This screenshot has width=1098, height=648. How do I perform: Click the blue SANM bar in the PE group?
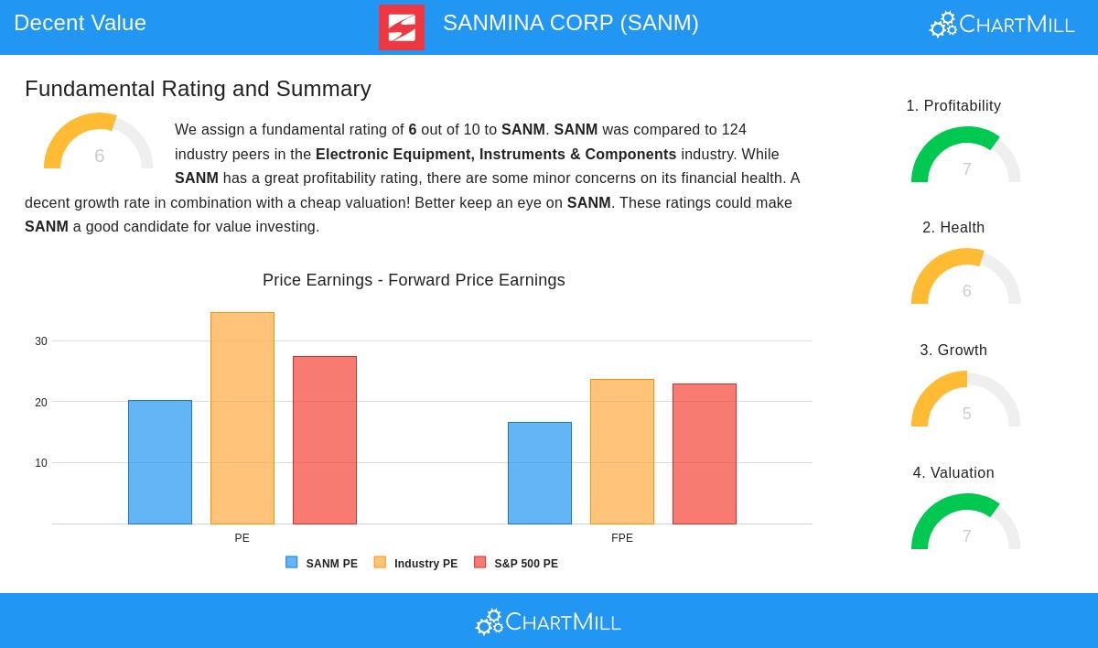(x=160, y=462)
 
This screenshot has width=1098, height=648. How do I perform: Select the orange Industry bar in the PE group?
(x=242, y=418)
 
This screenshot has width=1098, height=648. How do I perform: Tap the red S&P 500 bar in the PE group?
(x=325, y=440)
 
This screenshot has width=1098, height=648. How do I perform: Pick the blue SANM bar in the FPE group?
(x=540, y=473)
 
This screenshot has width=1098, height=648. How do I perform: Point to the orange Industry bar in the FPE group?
(x=622, y=451)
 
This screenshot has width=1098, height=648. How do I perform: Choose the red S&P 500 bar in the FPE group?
(x=705, y=454)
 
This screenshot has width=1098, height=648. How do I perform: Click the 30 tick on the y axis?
(x=41, y=341)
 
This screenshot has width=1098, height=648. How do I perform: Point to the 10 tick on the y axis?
(x=41, y=463)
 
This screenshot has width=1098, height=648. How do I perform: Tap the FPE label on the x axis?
(x=622, y=538)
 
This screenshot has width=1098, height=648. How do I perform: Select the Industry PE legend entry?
(x=416, y=564)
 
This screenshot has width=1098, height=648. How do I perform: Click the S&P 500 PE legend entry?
(x=516, y=564)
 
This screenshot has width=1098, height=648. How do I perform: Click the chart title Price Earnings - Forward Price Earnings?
(x=414, y=280)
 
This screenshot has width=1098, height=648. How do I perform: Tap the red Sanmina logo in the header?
(x=402, y=27)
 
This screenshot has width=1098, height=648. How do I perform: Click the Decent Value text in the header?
(x=81, y=23)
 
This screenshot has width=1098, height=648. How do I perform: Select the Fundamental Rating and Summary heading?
(x=198, y=89)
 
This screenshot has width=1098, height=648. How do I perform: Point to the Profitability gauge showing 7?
(x=965, y=157)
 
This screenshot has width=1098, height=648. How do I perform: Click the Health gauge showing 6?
(x=965, y=279)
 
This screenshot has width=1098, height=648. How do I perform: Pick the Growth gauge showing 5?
(x=965, y=402)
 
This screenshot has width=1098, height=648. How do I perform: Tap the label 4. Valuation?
(x=953, y=473)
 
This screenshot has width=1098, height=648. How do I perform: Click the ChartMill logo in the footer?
(x=548, y=622)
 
